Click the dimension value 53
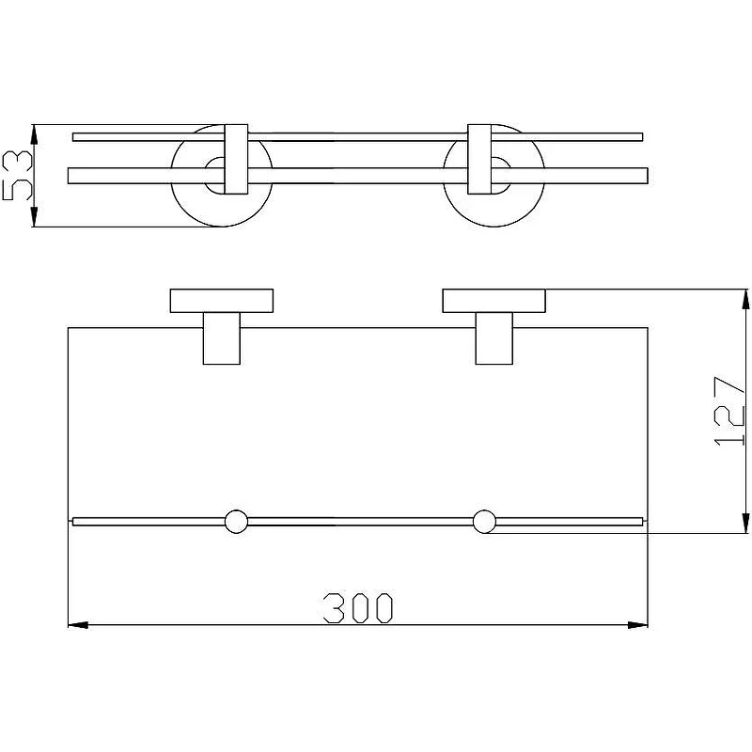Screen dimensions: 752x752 point(17,175)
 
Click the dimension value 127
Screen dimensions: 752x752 point(729,411)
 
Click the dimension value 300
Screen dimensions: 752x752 point(358,608)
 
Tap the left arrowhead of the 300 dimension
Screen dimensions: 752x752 point(78,625)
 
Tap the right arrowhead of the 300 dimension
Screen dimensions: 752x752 point(638,625)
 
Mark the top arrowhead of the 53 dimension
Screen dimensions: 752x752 point(34,134)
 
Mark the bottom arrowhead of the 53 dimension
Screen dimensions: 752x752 point(34,216)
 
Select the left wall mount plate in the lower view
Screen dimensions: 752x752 point(222,301)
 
